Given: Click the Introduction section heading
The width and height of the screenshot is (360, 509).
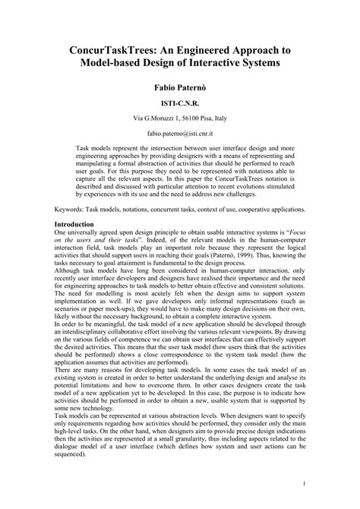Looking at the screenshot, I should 80,225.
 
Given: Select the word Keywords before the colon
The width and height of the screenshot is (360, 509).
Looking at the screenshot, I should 73,208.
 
